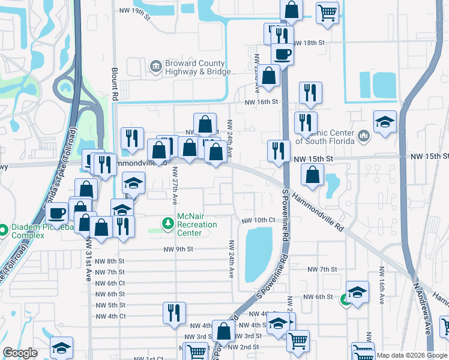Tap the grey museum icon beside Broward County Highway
click(x=155, y=65)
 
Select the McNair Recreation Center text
click(x=197, y=224)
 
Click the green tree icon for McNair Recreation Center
click(x=169, y=223)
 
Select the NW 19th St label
click(x=134, y=11)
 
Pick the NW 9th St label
click(x=178, y=249)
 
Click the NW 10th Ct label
click(x=258, y=221)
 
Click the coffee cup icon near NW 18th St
click(x=282, y=54)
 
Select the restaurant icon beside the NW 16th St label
click(x=310, y=92)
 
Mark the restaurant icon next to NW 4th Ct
click(x=174, y=312)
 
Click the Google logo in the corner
click(x=20, y=353)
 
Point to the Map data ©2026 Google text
click(x=411, y=355)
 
